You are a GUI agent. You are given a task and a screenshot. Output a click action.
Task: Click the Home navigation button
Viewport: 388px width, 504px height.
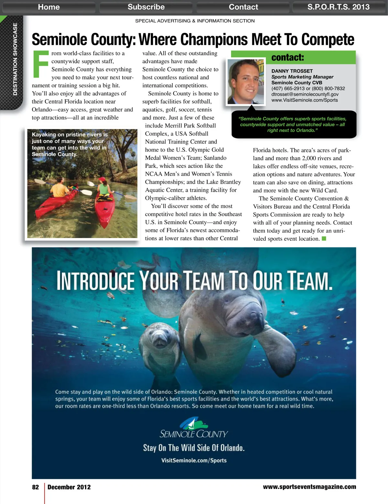(x=49, y=7)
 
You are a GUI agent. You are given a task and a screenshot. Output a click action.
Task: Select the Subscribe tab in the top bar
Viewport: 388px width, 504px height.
(x=146, y=7)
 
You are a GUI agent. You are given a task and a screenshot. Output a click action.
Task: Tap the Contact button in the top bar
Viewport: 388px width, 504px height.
(x=243, y=7)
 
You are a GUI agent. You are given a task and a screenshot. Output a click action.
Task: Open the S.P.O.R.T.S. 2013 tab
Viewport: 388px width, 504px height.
(x=338, y=7)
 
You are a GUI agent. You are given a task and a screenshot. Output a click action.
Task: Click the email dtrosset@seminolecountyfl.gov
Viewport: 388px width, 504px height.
(x=305, y=94)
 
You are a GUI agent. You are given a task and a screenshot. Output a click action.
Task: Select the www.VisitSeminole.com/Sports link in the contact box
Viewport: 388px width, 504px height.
(x=305, y=100)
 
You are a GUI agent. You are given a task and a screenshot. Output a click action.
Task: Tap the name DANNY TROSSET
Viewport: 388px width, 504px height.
(x=292, y=71)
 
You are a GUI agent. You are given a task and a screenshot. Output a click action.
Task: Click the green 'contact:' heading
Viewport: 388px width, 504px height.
(x=287, y=58)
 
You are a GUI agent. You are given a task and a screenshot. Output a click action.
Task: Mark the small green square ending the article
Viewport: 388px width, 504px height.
(x=324, y=239)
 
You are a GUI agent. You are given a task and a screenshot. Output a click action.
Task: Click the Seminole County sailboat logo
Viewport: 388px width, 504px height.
(x=193, y=423)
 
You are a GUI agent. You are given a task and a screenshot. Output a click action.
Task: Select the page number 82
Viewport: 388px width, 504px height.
(x=36, y=487)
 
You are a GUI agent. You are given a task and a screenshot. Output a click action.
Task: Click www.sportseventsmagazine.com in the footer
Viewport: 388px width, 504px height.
(x=309, y=487)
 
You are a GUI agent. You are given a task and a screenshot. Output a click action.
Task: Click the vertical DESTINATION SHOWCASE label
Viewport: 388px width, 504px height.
(x=15, y=59)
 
